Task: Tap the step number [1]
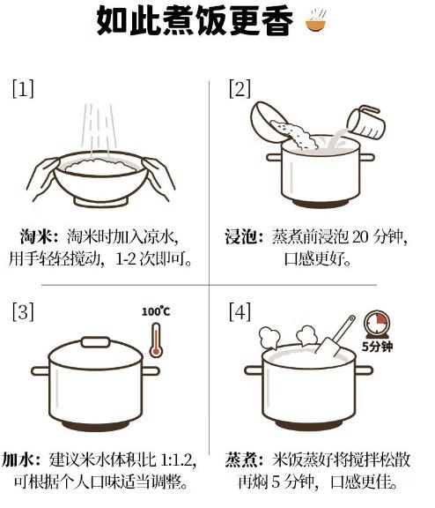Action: coord(23,89)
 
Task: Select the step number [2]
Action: coord(240,89)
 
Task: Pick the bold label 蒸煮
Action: coord(241,460)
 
